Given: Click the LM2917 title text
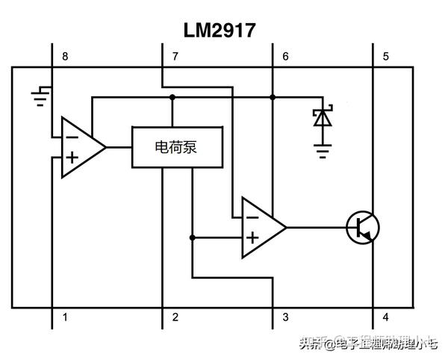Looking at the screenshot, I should (220, 30).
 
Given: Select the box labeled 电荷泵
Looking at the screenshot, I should (176, 147).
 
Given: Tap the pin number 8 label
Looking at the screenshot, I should (66, 57).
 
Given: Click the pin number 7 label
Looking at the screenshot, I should (175, 57).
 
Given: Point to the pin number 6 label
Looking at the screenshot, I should (285, 57).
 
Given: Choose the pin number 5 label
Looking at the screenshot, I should (386, 57).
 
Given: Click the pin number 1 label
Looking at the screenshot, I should (66, 317).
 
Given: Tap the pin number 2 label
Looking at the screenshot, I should (175, 317).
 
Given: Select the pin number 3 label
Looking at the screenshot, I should (285, 317).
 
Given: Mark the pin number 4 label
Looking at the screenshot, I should (386, 317).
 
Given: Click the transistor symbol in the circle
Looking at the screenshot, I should (364, 227).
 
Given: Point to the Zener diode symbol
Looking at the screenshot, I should (323, 117).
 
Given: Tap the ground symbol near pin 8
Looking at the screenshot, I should (40, 95).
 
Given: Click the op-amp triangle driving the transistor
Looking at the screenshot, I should (262, 227).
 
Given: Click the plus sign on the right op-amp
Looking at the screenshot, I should (252, 238).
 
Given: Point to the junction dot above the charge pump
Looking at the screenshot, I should (172, 97).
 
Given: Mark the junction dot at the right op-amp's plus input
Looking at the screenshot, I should (192, 238).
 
